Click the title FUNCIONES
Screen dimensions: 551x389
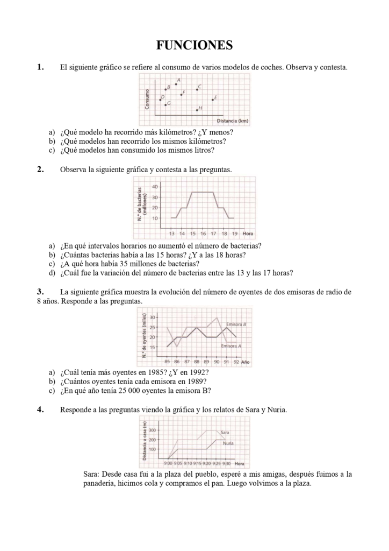click(x=195, y=45)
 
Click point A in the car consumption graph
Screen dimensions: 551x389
click(x=176, y=84)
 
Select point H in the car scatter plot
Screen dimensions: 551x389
click(x=197, y=110)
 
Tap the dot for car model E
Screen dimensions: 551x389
click(x=213, y=100)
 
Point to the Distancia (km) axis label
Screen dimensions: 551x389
click(x=232, y=121)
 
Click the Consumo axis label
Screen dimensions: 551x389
click(x=147, y=100)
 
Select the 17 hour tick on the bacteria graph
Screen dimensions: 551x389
click(x=213, y=234)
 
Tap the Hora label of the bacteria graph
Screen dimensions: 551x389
click(x=248, y=234)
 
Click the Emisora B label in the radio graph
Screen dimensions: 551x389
click(x=236, y=325)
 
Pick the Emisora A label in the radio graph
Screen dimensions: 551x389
click(x=231, y=345)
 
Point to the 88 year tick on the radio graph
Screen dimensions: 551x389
click(x=197, y=362)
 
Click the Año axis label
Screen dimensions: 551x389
click(x=246, y=362)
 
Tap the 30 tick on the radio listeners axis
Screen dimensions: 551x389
click(x=153, y=317)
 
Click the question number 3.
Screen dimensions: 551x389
click(x=40, y=292)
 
